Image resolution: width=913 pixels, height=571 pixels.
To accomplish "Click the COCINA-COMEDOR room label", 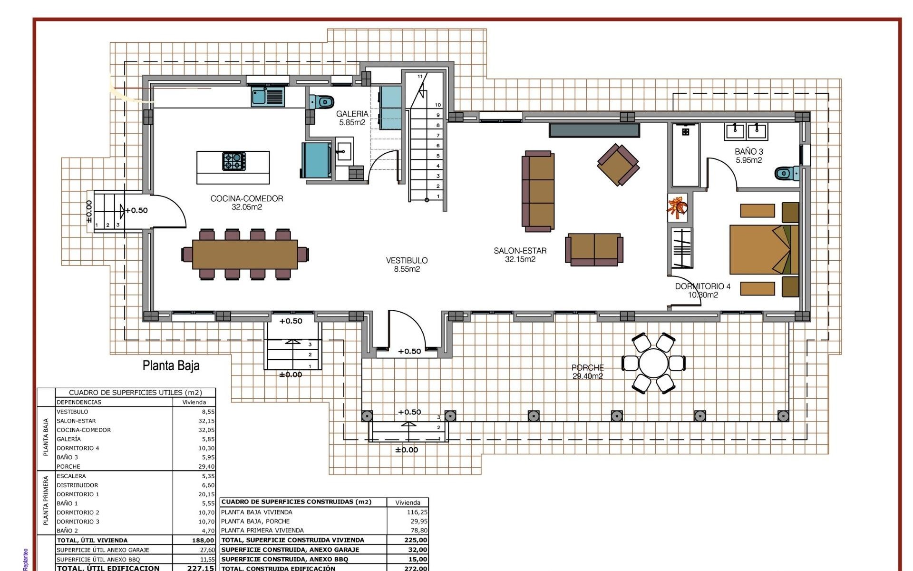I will (x=246, y=202).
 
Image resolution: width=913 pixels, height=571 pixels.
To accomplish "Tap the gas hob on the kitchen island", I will (x=234, y=161).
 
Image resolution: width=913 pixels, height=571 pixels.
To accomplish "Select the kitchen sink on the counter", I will (x=268, y=97).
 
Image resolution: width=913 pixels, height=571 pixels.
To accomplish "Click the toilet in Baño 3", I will (x=787, y=173).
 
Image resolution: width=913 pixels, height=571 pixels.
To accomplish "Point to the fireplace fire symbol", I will (x=677, y=207).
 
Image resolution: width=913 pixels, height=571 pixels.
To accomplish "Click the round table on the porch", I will (x=654, y=363).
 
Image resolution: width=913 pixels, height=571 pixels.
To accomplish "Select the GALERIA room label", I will (x=352, y=118).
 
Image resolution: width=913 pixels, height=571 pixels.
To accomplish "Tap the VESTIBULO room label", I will (x=407, y=265).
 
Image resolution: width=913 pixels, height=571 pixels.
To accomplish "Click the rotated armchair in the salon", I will (x=618, y=165).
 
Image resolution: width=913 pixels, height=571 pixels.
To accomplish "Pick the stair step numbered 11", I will (x=420, y=77).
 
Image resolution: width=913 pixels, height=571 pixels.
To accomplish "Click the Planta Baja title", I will (x=171, y=365).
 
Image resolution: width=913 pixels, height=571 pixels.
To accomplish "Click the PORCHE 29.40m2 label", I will (x=588, y=372).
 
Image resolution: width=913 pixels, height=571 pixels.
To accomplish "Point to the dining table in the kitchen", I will (x=245, y=254).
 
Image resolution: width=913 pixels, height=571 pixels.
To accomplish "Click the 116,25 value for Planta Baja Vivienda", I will (x=417, y=512).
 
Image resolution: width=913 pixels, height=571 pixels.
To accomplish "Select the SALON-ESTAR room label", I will (x=520, y=255).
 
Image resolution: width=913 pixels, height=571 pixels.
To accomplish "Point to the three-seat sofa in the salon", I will (x=538, y=191).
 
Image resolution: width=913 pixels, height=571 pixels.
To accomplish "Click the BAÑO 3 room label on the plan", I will (x=748, y=156).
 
